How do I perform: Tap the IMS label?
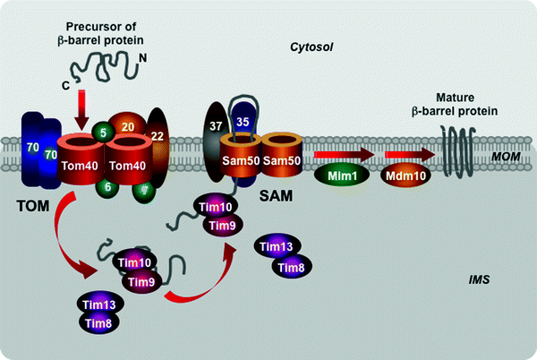tap(480, 281)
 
